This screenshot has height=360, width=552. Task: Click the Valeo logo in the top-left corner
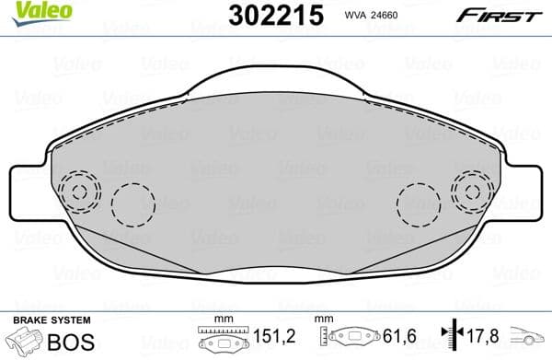30,10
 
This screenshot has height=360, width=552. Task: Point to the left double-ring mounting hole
79,193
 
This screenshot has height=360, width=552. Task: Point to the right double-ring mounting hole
472,193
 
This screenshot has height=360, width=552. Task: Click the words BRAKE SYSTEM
51,319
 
